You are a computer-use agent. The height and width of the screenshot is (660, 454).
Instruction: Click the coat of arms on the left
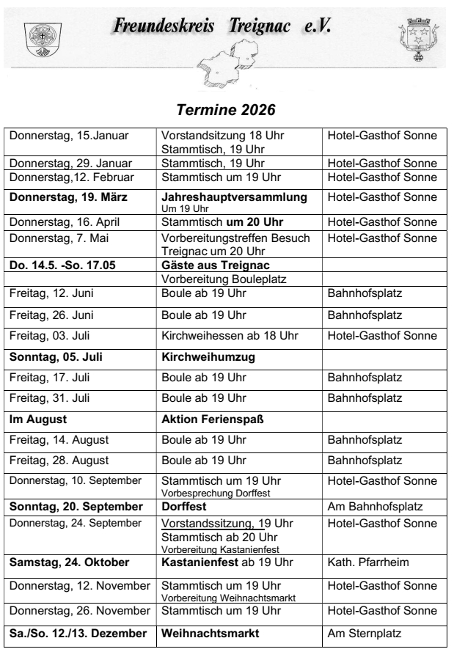pyautogui.click(x=34, y=37)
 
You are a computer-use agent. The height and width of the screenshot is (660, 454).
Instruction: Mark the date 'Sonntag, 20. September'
pyautogui.click(x=74, y=506)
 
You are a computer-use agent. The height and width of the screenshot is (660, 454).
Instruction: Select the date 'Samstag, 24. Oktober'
pyautogui.click(x=72, y=561)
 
